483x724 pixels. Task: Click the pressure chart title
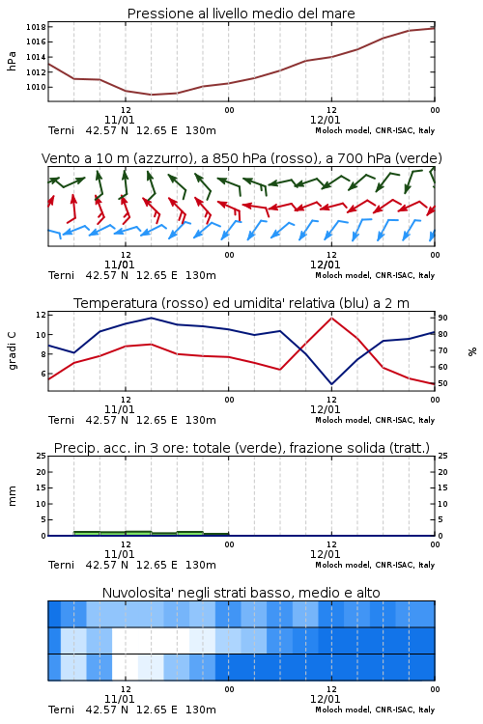(241, 14)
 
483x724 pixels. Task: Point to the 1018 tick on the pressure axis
(36, 27)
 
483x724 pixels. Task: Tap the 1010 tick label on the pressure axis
(36, 87)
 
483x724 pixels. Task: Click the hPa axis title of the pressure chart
(12, 61)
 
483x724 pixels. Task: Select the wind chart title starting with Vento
(241, 158)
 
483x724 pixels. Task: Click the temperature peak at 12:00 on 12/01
(331, 318)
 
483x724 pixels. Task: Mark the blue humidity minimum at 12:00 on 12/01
(331, 384)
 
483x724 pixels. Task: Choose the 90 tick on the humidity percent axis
(442, 318)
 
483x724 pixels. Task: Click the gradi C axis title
(12, 350)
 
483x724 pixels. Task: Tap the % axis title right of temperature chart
(472, 351)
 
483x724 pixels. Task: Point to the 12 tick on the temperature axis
(41, 315)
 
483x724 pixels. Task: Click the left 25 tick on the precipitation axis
(42, 456)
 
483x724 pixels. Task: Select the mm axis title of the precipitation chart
(12, 496)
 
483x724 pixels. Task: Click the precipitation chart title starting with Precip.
(241, 448)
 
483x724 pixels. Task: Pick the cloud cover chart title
(241, 593)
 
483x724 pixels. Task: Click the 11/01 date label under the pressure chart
(119, 120)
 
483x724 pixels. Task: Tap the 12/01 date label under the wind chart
(325, 265)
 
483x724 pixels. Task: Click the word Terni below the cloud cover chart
(61, 710)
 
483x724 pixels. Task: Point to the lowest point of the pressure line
(151, 95)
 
